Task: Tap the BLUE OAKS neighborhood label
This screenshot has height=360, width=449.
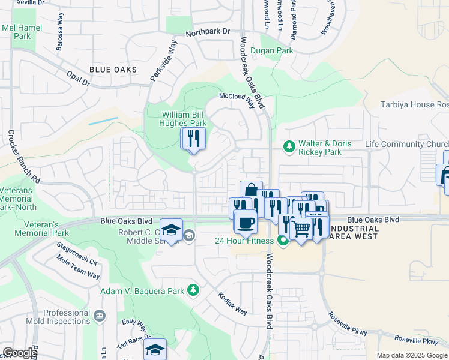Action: pos(113,70)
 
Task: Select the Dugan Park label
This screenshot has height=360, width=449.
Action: pos(272,51)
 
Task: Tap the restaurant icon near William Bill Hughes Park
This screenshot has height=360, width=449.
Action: pos(194,139)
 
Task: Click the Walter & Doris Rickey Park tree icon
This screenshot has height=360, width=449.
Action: pos(289,146)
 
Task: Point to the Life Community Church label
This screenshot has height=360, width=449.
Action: pos(407,145)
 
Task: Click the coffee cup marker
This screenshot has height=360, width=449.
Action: pos(244,224)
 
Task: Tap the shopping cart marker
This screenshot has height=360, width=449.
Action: pos(301,228)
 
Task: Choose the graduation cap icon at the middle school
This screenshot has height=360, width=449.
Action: pos(171,230)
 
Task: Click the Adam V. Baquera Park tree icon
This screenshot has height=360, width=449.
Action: pos(193,291)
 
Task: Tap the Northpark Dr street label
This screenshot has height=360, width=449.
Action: pos(208,31)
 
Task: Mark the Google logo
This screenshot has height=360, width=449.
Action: pos(20,353)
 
